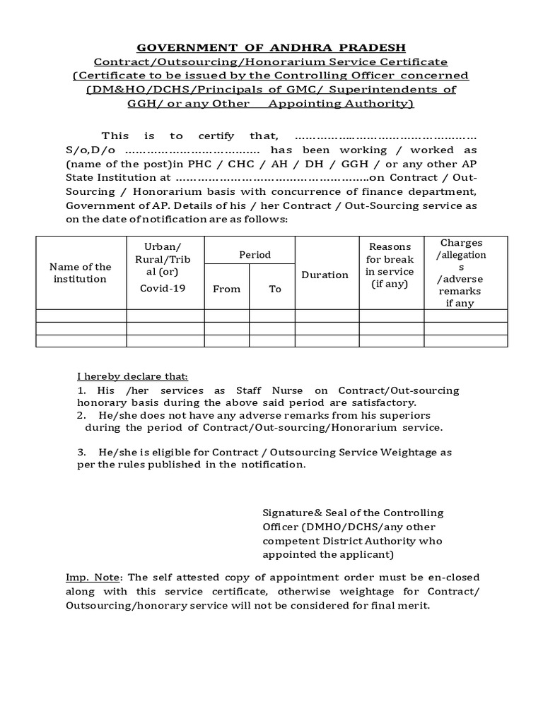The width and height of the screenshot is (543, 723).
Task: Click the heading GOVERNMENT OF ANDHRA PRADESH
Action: click(x=271, y=48)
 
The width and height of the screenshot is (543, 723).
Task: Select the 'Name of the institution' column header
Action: click(x=81, y=273)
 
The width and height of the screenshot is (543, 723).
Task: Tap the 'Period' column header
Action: click(x=255, y=254)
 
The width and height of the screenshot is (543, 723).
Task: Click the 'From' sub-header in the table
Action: click(x=226, y=289)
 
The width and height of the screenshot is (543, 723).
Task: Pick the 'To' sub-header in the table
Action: click(x=275, y=289)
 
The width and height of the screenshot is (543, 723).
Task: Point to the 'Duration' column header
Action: click(x=325, y=275)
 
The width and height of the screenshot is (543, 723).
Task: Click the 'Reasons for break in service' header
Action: click(x=390, y=265)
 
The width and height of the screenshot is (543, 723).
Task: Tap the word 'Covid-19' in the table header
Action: click(x=163, y=288)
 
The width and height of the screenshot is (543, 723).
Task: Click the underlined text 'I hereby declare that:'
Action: click(x=132, y=376)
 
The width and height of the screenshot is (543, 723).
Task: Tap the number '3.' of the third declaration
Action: click(x=83, y=452)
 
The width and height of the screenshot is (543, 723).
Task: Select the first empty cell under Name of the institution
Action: click(x=81, y=316)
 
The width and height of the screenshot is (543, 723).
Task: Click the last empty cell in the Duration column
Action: click(x=326, y=341)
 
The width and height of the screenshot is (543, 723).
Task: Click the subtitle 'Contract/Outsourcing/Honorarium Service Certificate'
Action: click(x=271, y=62)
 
